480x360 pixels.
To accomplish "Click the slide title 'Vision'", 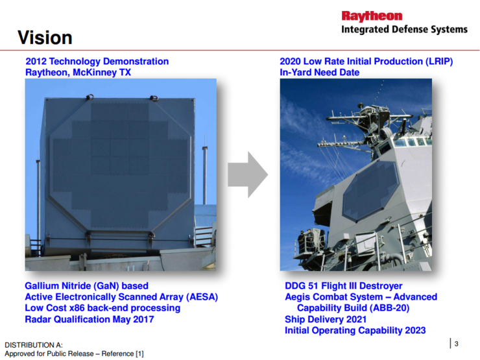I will point(45,37).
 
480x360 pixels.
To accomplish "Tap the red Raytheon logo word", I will point(372,16).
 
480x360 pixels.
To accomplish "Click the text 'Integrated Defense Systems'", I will point(404,29).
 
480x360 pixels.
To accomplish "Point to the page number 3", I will point(456,344).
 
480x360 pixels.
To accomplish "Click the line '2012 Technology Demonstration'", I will point(97,62).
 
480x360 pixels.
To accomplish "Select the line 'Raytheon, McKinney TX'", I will point(78,72).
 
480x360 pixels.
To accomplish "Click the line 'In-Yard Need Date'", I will point(319,72).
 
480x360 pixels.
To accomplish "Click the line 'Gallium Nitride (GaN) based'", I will point(86,286).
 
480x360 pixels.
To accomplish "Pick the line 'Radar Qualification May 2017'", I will point(90,319).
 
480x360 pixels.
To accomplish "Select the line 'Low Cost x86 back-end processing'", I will point(102,308).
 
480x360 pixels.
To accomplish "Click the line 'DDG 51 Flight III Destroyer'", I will point(343,286).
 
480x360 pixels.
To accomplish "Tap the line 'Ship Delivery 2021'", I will point(326,319).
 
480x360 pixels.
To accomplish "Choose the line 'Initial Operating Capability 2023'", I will point(355,330).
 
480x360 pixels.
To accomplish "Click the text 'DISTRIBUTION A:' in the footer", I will point(34,344).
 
